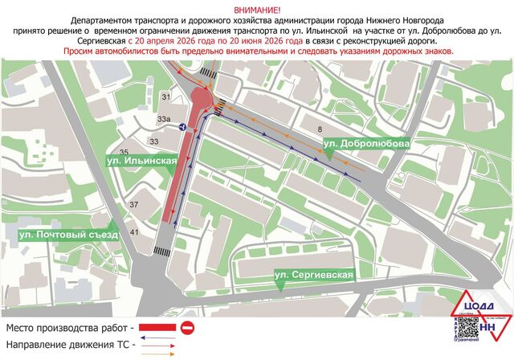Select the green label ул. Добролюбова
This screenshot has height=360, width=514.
click(x=366, y=143)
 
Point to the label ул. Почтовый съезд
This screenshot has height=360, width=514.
click(x=69, y=235)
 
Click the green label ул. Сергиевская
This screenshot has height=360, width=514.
click(x=313, y=276)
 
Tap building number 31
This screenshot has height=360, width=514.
click(x=167, y=97)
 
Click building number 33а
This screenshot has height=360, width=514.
click(x=165, y=120)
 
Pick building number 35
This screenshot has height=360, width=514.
click(x=124, y=152)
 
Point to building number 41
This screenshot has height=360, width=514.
click(x=135, y=232)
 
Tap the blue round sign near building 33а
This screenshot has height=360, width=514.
click(x=183, y=127)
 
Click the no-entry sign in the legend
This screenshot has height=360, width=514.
click(x=187, y=328)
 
